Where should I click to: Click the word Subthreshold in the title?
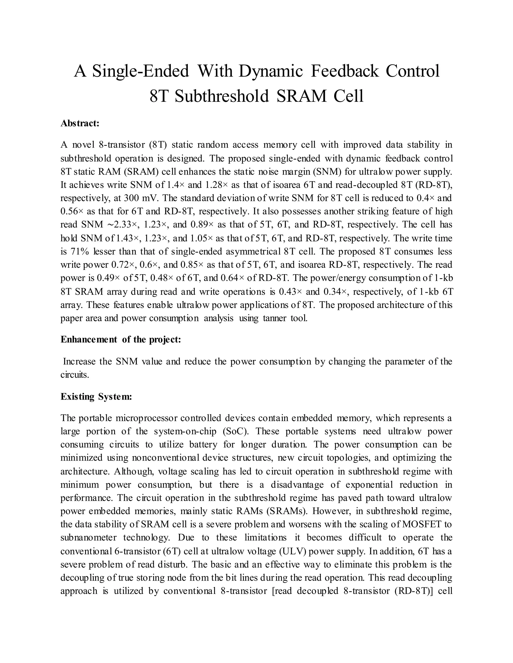click(x=222, y=96)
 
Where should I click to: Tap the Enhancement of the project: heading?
click(x=121, y=340)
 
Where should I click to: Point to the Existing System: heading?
click(x=96, y=397)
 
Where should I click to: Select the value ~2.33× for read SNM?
click(x=123, y=225)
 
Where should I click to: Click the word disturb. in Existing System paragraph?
click(x=172, y=564)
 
